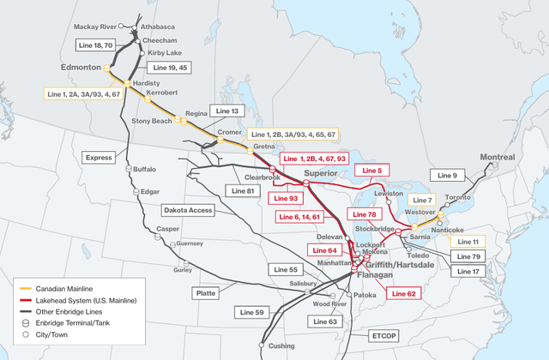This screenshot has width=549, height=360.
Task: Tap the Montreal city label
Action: click(498, 157)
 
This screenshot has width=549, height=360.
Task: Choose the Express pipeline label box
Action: click(100, 158)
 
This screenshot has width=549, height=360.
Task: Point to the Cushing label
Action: click(282, 345)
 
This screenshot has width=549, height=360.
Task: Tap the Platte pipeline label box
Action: click(206, 293)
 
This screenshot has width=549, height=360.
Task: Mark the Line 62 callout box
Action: click(403, 293)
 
